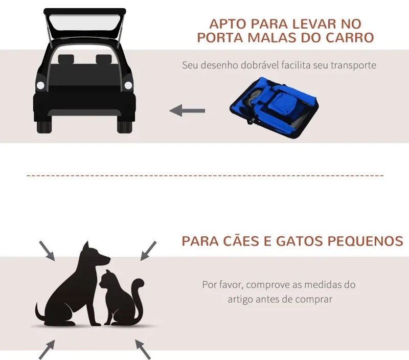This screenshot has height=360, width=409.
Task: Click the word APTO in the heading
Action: (228, 24)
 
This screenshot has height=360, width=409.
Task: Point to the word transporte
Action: (353, 65)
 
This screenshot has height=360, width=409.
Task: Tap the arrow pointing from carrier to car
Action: (187, 110)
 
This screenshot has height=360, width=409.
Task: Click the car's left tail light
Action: (40, 85)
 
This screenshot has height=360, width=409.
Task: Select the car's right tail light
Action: (128, 85)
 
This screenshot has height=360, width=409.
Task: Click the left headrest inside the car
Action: (66, 59)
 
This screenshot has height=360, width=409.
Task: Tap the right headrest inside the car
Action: (104, 59)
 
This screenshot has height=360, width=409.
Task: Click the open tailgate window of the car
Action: (85, 22)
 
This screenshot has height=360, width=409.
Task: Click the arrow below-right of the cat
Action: (143, 349)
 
